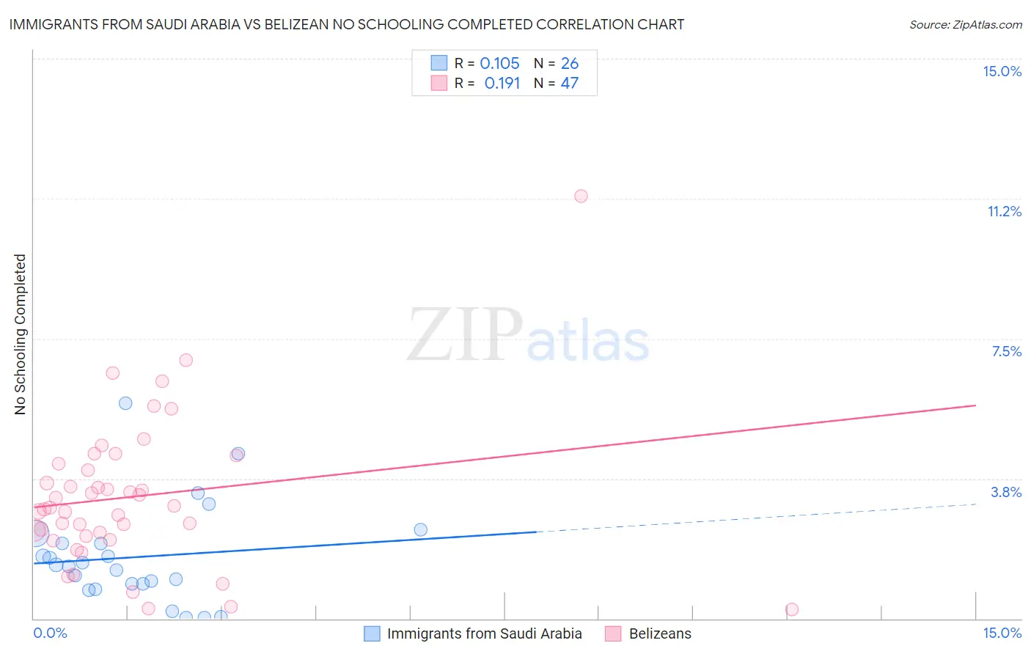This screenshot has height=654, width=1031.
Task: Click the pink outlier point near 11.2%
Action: pyautogui.click(x=581, y=196)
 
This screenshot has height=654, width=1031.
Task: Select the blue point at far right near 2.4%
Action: pyautogui.click(x=420, y=529)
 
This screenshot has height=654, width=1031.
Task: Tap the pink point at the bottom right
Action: pyautogui.click(x=791, y=609)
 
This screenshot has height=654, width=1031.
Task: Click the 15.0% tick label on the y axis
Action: pyautogui.click(x=1002, y=71)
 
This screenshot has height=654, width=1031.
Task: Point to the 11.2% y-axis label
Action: pyautogui.click(x=1004, y=211)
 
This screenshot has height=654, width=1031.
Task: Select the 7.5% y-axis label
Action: pyautogui.click(x=1006, y=351)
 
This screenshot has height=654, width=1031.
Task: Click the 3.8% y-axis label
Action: pyautogui.click(x=1006, y=492)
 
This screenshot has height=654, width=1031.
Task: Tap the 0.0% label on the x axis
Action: pyautogui.click(x=50, y=633)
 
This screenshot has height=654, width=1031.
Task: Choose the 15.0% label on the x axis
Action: pyautogui.click(x=1002, y=633)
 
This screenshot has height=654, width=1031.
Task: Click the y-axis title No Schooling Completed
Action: pyautogui.click(x=21, y=334)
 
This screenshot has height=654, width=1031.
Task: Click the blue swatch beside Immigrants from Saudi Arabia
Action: pyautogui.click(x=373, y=633)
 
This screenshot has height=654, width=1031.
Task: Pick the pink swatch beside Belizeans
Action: pyautogui.click(x=613, y=633)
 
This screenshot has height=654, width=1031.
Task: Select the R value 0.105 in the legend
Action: pyautogui.click(x=499, y=64)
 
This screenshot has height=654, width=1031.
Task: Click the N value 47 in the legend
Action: pyautogui.click(x=570, y=84)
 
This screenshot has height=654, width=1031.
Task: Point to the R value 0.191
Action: pyautogui.click(x=502, y=84)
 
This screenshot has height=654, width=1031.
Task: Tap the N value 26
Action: pyautogui.click(x=570, y=64)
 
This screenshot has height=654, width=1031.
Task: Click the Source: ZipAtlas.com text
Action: pyautogui.click(x=965, y=25)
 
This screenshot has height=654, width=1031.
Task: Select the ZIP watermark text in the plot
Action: pyautogui.click(x=465, y=335)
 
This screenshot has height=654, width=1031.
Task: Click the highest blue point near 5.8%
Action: pyautogui.click(x=125, y=403)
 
